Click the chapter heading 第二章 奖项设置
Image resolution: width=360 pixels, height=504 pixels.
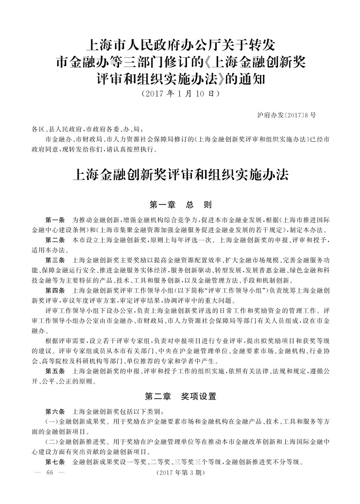pos(180,396)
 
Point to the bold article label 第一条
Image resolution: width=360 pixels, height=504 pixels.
pos(55,219)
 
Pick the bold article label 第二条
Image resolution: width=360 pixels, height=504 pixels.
pos(55,240)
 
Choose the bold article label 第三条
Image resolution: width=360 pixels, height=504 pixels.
pos(55,261)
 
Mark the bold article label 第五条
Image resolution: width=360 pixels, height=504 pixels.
pos(55,371)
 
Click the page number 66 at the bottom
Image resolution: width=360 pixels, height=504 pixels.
pos(49,473)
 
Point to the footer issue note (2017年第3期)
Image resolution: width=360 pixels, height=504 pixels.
pos(180,473)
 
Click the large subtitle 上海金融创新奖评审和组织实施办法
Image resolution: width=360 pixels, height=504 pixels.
pos(180,175)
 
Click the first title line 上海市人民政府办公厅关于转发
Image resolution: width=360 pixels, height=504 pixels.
pos(180,47)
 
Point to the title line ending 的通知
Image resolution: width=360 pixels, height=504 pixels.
pos(180,78)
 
